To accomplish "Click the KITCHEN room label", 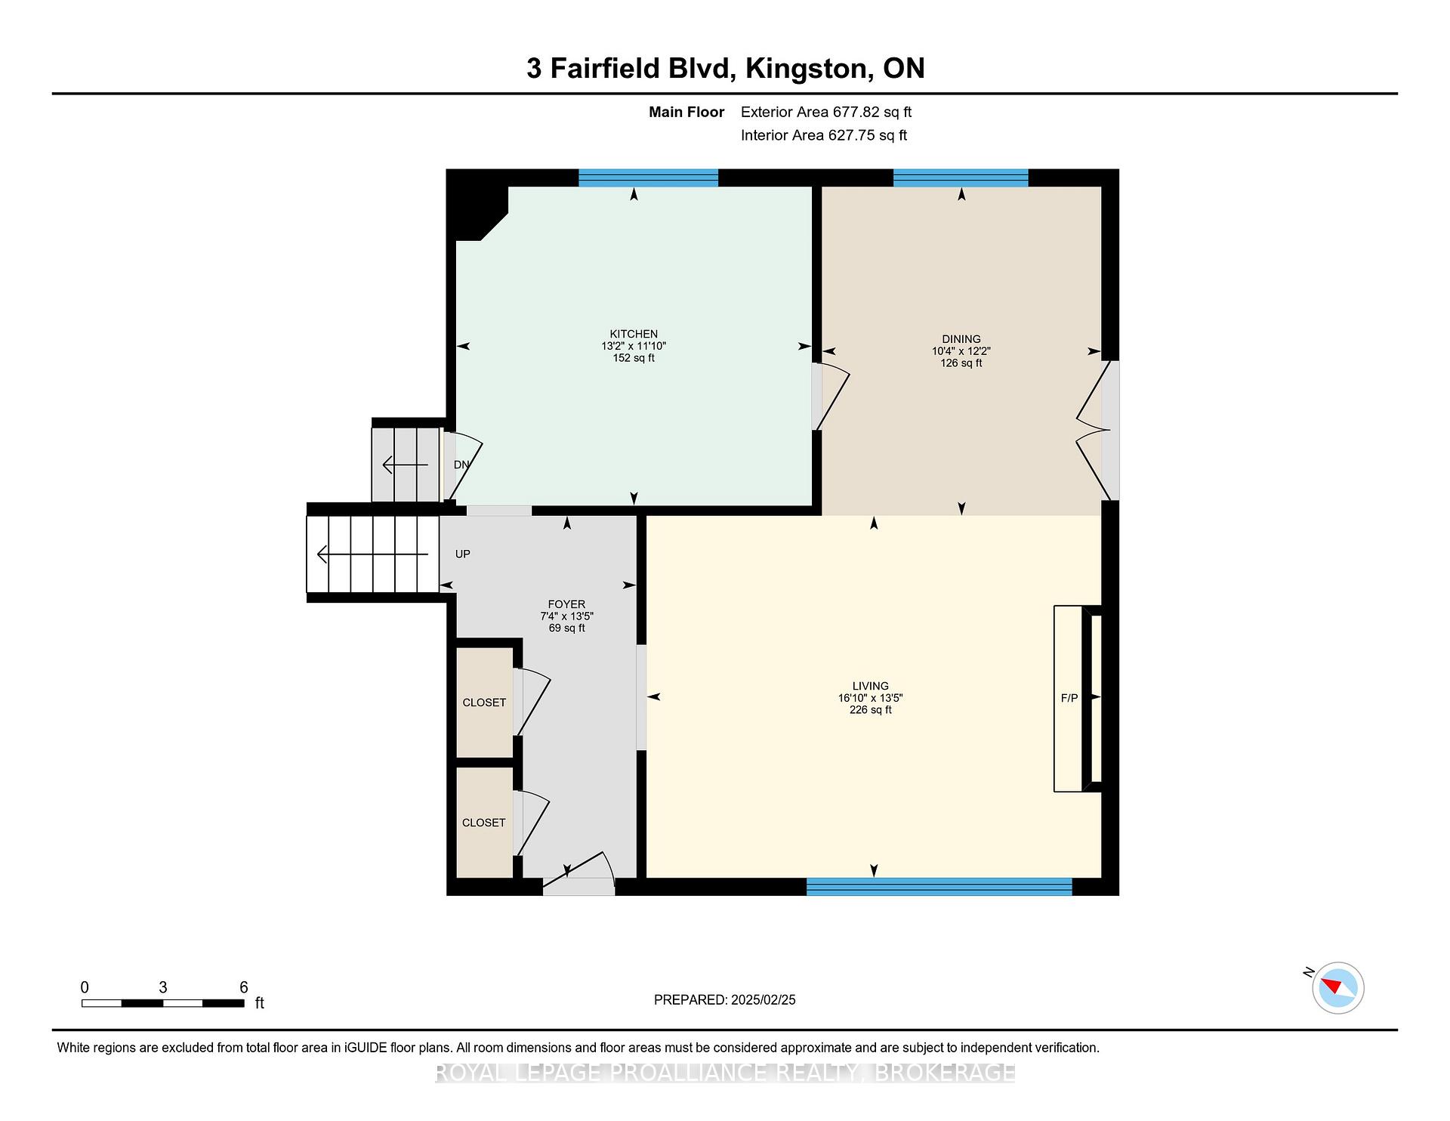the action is [634, 334].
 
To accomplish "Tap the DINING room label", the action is [961, 339].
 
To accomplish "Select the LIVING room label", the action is [870, 687].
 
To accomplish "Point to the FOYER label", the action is [566, 604].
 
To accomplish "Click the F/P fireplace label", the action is [1069, 699].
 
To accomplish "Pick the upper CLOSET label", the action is [484, 703].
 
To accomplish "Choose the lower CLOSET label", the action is [483, 823].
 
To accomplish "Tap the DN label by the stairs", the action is [461, 465].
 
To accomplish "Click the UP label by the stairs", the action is [463, 554].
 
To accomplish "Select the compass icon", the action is [1337, 987].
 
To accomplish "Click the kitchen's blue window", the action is [648, 178].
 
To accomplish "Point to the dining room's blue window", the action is [961, 178].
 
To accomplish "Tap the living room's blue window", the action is [939, 887].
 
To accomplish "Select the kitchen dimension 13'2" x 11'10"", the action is [634, 346].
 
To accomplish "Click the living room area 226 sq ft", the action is [870, 710].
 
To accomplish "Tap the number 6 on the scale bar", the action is [244, 987].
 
